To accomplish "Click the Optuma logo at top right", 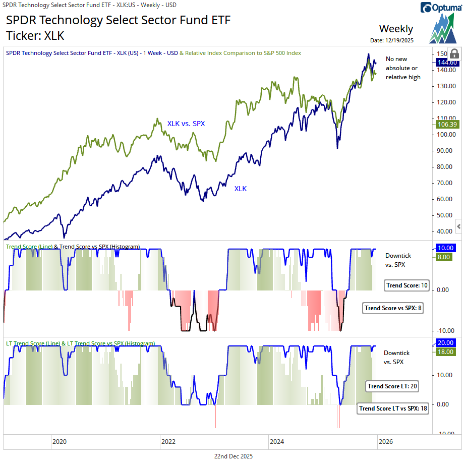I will [x=439, y=8].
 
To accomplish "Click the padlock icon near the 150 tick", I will [x=453, y=53].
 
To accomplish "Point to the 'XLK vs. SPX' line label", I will [x=186, y=123].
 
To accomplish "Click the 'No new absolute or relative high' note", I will [x=403, y=68].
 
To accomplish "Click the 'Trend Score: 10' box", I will [x=406, y=285].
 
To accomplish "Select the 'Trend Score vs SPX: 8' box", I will [x=392, y=308].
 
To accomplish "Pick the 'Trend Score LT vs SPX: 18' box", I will [x=393, y=409].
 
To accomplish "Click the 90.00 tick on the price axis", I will [x=444, y=150].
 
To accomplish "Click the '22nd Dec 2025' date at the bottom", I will [x=233, y=456].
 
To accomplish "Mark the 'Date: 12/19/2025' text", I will [x=391, y=40].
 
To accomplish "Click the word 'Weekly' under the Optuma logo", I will [x=396, y=29].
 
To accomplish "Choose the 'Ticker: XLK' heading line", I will [x=35, y=36].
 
